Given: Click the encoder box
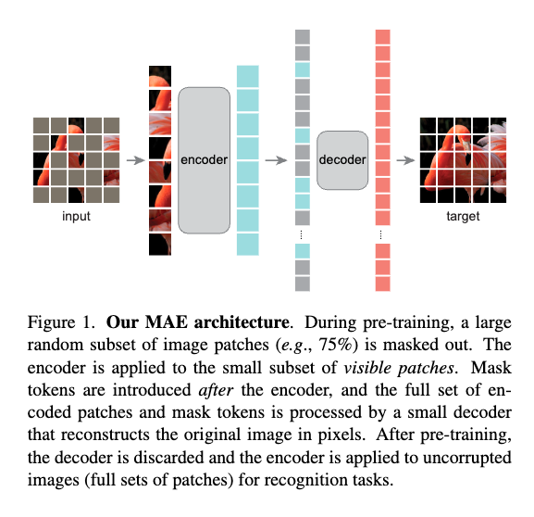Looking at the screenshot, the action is (204, 160).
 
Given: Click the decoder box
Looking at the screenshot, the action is (342, 160).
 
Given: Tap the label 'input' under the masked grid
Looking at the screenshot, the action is (76, 216).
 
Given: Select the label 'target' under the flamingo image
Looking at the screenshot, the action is (463, 216).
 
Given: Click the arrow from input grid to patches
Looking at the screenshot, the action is (135, 160).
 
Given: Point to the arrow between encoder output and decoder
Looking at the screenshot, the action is (276, 160).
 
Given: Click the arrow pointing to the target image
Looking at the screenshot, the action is (405, 160).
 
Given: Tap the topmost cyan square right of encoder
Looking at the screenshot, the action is (248, 76).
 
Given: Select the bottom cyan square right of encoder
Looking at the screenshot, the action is (248, 245).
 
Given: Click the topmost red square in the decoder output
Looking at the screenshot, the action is (383, 37).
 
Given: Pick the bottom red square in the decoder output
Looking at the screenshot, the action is (383, 284).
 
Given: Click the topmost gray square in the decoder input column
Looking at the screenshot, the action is (303, 37).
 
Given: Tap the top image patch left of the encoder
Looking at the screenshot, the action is (160, 76).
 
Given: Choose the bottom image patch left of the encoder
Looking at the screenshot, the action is (160, 245).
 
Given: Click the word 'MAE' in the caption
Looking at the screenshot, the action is (167, 322).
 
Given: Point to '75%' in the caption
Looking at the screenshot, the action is (335, 345).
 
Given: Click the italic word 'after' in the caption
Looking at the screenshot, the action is (216, 390).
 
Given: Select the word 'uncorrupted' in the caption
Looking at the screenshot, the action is (467, 458).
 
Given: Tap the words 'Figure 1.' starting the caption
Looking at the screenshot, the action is (61, 322).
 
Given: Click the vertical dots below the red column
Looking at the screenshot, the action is (380, 234).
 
